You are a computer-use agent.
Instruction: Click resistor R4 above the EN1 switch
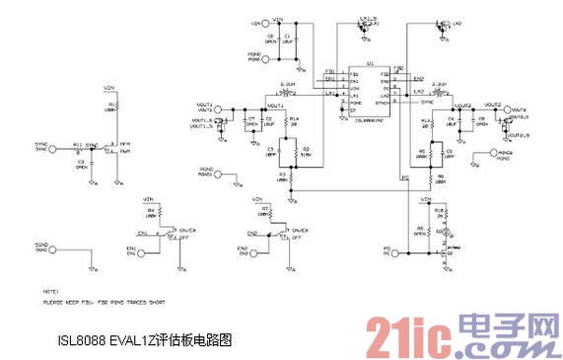tap(150, 213)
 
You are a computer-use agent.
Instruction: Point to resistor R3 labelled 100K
tap(282, 179)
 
